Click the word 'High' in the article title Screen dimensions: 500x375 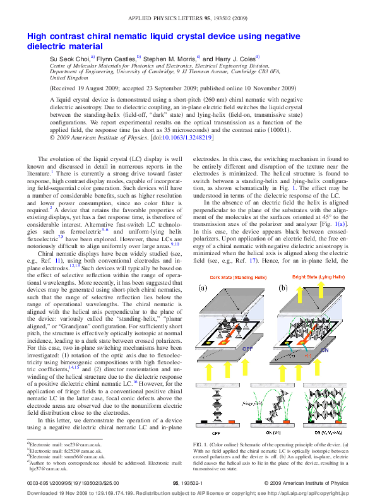[x=37, y=37]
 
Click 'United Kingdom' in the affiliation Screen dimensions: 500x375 [x=68, y=78]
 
